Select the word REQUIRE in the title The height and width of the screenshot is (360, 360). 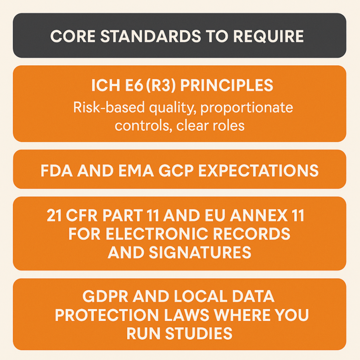tap(268, 36)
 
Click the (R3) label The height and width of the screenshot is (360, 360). tap(161, 85)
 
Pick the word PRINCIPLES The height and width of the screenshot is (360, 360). tap(227, 85)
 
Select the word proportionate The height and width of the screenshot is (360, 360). tap(247, 108)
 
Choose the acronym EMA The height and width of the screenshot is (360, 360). tap(136, 171)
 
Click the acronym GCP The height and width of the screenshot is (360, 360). tap(176, 171)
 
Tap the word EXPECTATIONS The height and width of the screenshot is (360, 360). tap(258, 171)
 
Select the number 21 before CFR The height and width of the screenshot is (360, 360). tap(54, 216)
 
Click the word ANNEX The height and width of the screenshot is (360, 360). tap(258, 216)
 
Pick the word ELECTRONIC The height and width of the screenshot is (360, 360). tap(156, 234)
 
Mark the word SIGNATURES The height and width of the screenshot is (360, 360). tap(200, 252)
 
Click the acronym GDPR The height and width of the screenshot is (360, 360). tap(105, 296)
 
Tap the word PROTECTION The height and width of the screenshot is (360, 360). tap(107, 315)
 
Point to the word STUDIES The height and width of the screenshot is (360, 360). tap(199, 333)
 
